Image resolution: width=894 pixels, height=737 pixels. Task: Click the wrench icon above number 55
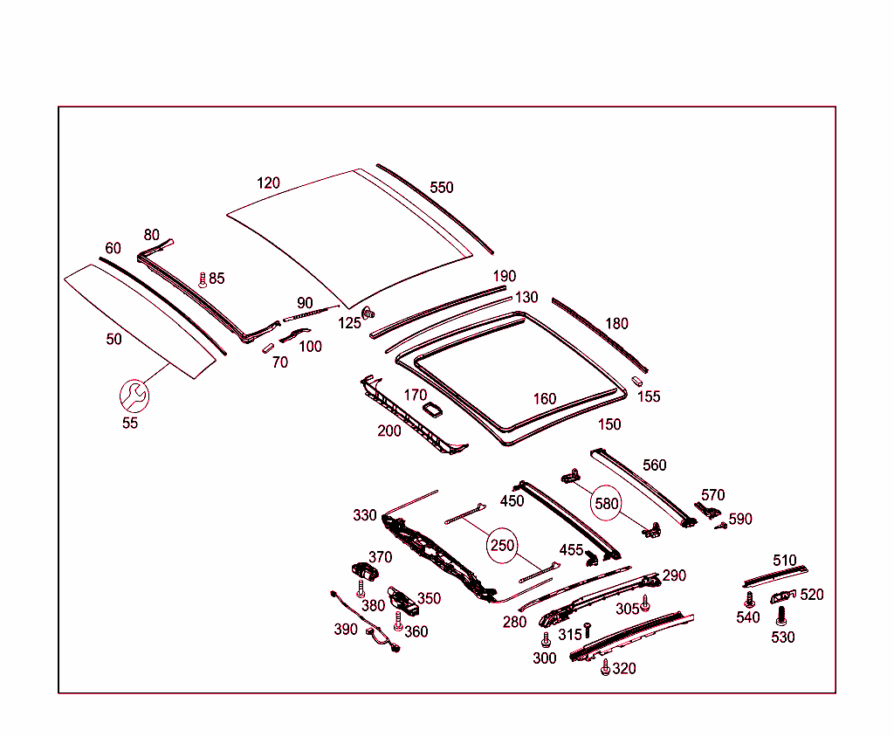134,395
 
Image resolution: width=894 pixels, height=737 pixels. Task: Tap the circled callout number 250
503,546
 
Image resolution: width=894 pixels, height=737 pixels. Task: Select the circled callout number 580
607,503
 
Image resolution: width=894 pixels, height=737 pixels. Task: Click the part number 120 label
268,183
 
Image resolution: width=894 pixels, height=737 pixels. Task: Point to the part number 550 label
442,188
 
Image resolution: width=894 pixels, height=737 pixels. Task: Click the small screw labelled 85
203,279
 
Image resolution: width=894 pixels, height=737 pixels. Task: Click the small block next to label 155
637,381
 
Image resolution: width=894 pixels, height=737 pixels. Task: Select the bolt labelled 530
781,616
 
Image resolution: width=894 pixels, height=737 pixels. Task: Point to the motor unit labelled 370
362,568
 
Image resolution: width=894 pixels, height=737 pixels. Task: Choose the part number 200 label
389,430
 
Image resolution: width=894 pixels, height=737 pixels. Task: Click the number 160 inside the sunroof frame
545,399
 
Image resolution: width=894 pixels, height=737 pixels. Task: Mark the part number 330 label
365,515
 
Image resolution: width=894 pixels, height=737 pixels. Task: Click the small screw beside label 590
721,526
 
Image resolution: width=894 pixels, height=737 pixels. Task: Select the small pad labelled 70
268,348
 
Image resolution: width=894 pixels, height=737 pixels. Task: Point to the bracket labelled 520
782,596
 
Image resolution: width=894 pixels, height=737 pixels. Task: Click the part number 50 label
113,339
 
